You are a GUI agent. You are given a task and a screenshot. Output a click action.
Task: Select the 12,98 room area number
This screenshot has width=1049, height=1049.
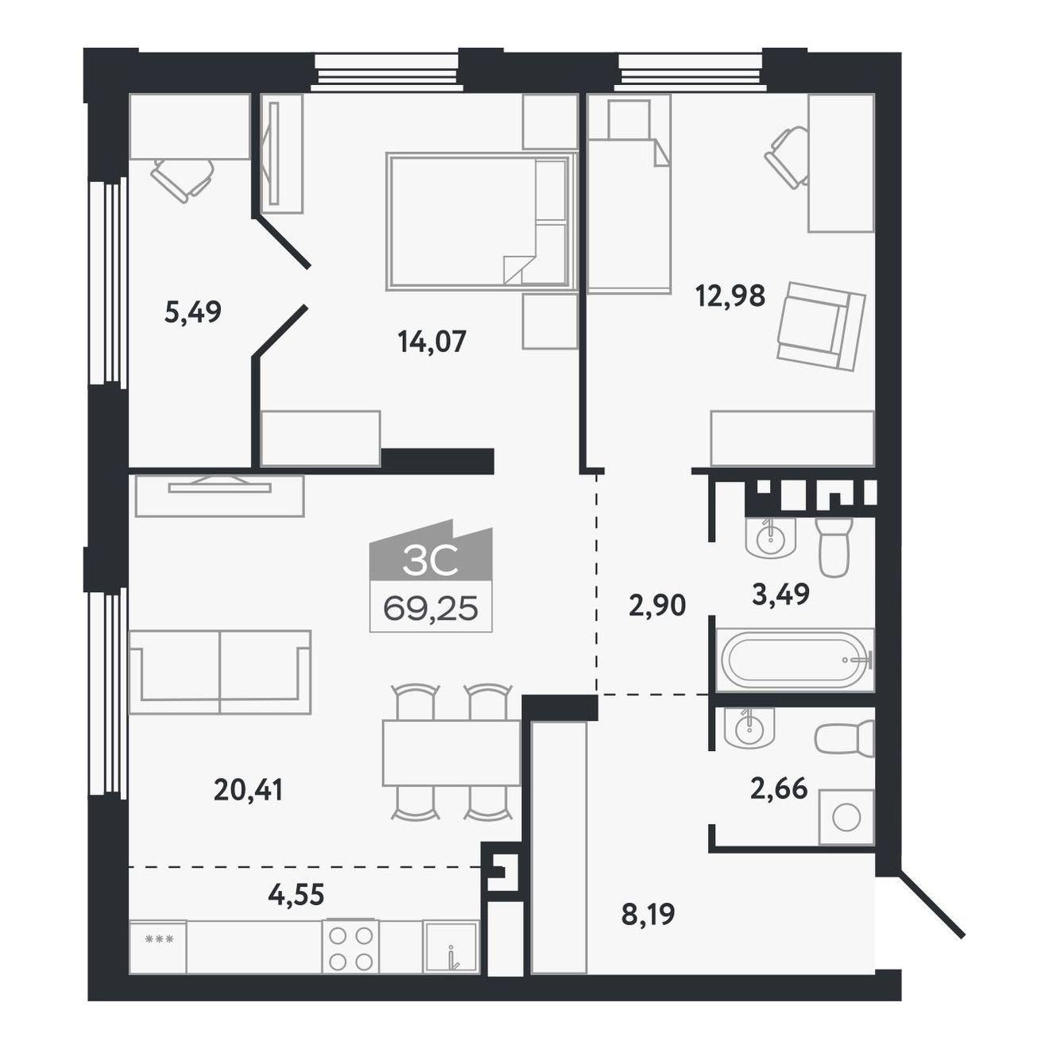click(x=731, y=296)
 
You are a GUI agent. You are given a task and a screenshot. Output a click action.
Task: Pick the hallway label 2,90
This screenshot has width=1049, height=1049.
click(x=657, y=606)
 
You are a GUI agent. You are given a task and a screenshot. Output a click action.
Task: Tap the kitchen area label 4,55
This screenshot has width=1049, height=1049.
click(x=296, y=894)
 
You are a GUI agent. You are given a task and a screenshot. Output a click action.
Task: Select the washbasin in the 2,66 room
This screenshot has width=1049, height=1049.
click(x=750, y=728)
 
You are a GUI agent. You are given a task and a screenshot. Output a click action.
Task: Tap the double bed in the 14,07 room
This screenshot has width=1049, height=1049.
click(x=481, y=220)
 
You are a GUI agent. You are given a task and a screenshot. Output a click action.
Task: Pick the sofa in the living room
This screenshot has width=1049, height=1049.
click(x=220, y=672)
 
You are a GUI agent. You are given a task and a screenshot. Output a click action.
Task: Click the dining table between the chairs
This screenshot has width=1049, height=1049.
click(x=451, y=753)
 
